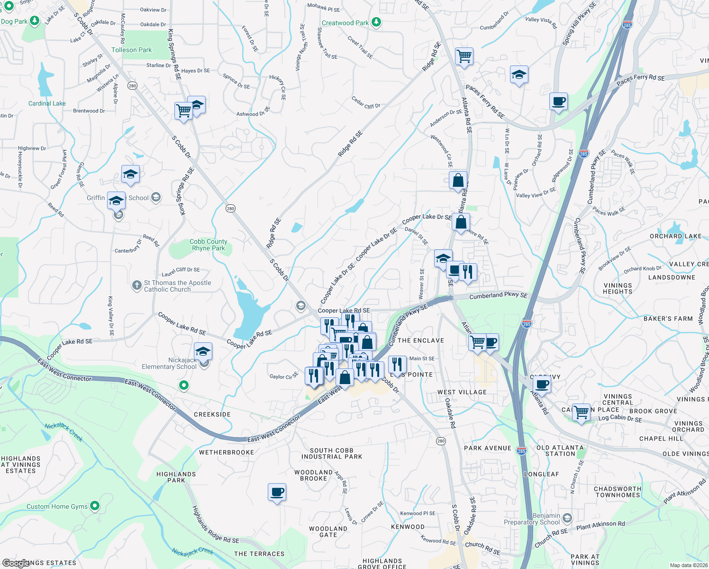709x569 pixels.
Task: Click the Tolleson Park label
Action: tap(131, 50)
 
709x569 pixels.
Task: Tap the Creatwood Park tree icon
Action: tap(376, 22)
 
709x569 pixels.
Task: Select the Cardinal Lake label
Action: tap(47, 103)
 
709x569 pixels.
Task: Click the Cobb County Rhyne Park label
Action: tap(209, 245)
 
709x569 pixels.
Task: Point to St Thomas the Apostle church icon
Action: tap(137, 285)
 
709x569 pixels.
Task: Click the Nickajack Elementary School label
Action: tap(169, 364)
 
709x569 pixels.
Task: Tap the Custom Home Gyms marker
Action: tap(95, 506)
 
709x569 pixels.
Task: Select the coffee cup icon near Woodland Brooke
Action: tap(277, 492)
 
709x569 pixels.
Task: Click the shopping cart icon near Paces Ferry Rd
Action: tap(464, 56)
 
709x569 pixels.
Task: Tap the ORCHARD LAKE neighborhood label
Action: tap(675, 236)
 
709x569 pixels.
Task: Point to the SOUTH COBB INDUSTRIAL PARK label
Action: tap(332, 453)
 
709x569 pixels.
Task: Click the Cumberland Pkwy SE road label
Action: tap(498, 295)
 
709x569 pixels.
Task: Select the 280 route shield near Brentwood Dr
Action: tap(132, 86)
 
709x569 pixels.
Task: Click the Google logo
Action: tap(16, 563)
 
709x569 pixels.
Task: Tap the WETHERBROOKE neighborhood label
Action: tap(227, 452)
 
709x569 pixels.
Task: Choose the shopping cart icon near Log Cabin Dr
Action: tap(581, 412)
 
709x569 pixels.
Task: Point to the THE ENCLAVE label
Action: tap(421, 340)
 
